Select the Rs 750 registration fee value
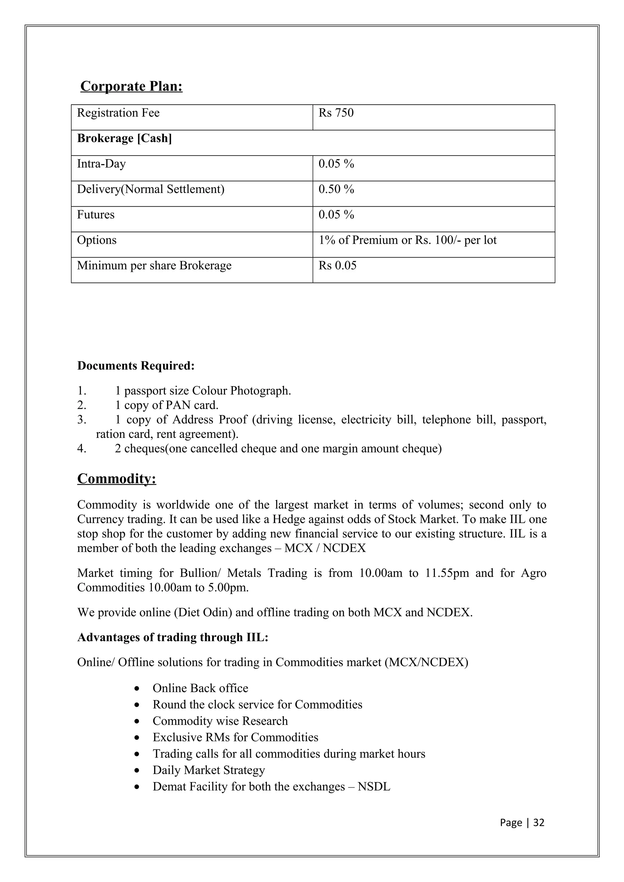point(336,113)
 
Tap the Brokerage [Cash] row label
point(124,138)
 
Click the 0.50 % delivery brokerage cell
point(336,189)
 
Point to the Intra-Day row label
point(101,164)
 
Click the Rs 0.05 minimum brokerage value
point(337,265)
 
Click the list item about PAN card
point(166,405)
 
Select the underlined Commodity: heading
point(116,479)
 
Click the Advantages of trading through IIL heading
point(173,637)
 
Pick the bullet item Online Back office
point(200,688)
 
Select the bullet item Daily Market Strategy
point(209,770)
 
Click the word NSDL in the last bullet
point(374,787)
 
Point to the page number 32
point(539,822)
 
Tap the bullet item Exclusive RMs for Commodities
point(235,737)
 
